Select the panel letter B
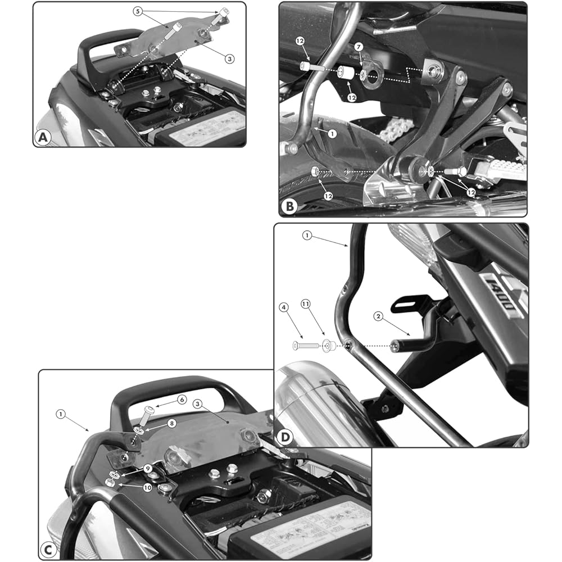289,206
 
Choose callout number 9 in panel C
147,468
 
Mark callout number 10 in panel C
147,488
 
